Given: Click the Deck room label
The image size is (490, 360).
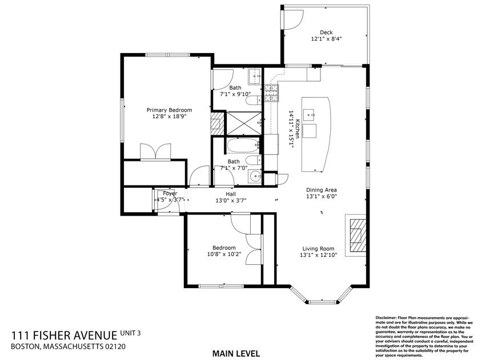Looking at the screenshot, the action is (326, 32).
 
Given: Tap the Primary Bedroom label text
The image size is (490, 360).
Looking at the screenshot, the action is (169, 110).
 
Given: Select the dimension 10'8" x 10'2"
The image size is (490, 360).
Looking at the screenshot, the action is (224, 254).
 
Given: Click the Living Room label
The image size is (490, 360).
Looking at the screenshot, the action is (318, 249).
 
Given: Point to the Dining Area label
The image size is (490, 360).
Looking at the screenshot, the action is (322, 190).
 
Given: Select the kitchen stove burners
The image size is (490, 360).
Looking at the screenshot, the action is (271, 93).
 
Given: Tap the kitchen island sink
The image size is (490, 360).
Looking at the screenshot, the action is (310, 115).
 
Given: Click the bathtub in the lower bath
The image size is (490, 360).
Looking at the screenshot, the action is (243, 145).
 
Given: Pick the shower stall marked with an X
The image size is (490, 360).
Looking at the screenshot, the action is (243, 123).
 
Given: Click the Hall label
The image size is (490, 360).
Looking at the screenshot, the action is (231, 194).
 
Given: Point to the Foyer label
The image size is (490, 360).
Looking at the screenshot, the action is (170, 193).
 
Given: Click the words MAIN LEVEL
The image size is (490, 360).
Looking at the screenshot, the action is (236, 354).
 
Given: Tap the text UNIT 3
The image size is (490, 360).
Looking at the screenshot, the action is (130, 333).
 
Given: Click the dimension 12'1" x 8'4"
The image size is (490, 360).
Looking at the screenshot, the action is (326, 39).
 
